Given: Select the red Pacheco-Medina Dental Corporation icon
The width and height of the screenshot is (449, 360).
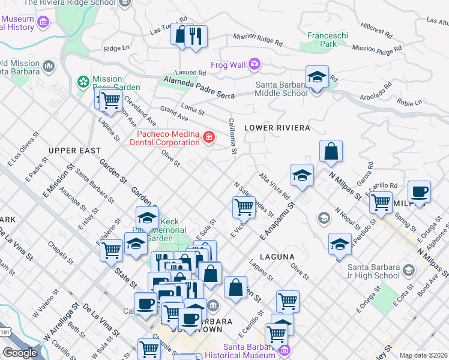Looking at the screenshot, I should click(x=208, y=138).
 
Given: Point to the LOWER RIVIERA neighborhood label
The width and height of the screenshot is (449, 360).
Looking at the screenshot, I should click(x=277, y=128).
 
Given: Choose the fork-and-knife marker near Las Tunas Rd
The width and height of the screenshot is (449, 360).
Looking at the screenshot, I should click(x=196, y=36).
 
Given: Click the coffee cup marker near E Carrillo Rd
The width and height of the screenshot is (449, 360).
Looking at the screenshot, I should click(x=419, y=192).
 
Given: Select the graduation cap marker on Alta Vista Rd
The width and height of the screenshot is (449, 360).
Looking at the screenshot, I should click(x=303, y=175).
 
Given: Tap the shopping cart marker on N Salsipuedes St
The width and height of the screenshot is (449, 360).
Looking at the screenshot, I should click(x=244, y=207).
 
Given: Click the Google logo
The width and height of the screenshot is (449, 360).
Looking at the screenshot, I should click(x=20, y=353).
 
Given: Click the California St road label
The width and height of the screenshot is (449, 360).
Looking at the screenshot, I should click(x=233, y=135).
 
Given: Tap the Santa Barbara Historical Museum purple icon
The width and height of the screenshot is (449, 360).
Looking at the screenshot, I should click(x=285, y=350).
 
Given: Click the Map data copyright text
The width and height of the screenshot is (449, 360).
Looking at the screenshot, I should click(x=423, y=355).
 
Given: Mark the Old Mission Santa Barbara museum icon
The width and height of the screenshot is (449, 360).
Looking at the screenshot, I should click(x=48, y=65).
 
